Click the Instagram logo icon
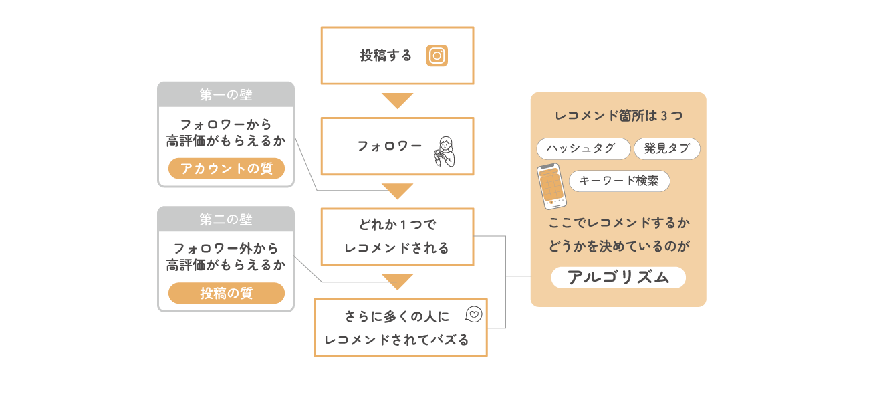click(437, 56)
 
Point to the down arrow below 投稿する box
click(397, 100)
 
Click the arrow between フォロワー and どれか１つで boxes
click(397, 191)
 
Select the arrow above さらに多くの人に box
click(397, 281)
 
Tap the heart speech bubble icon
click(473, 314)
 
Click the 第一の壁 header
click(226, 95)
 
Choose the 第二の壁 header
click(226, 219)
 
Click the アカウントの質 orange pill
click(227, 169)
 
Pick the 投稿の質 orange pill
click(227, 293)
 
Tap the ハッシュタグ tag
click(583, 148)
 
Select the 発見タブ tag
click(666, 148)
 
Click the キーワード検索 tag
click(619, 181)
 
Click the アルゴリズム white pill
click(618, 277)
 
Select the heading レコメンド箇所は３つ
click(618, 116)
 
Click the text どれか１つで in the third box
click(397, 225)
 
